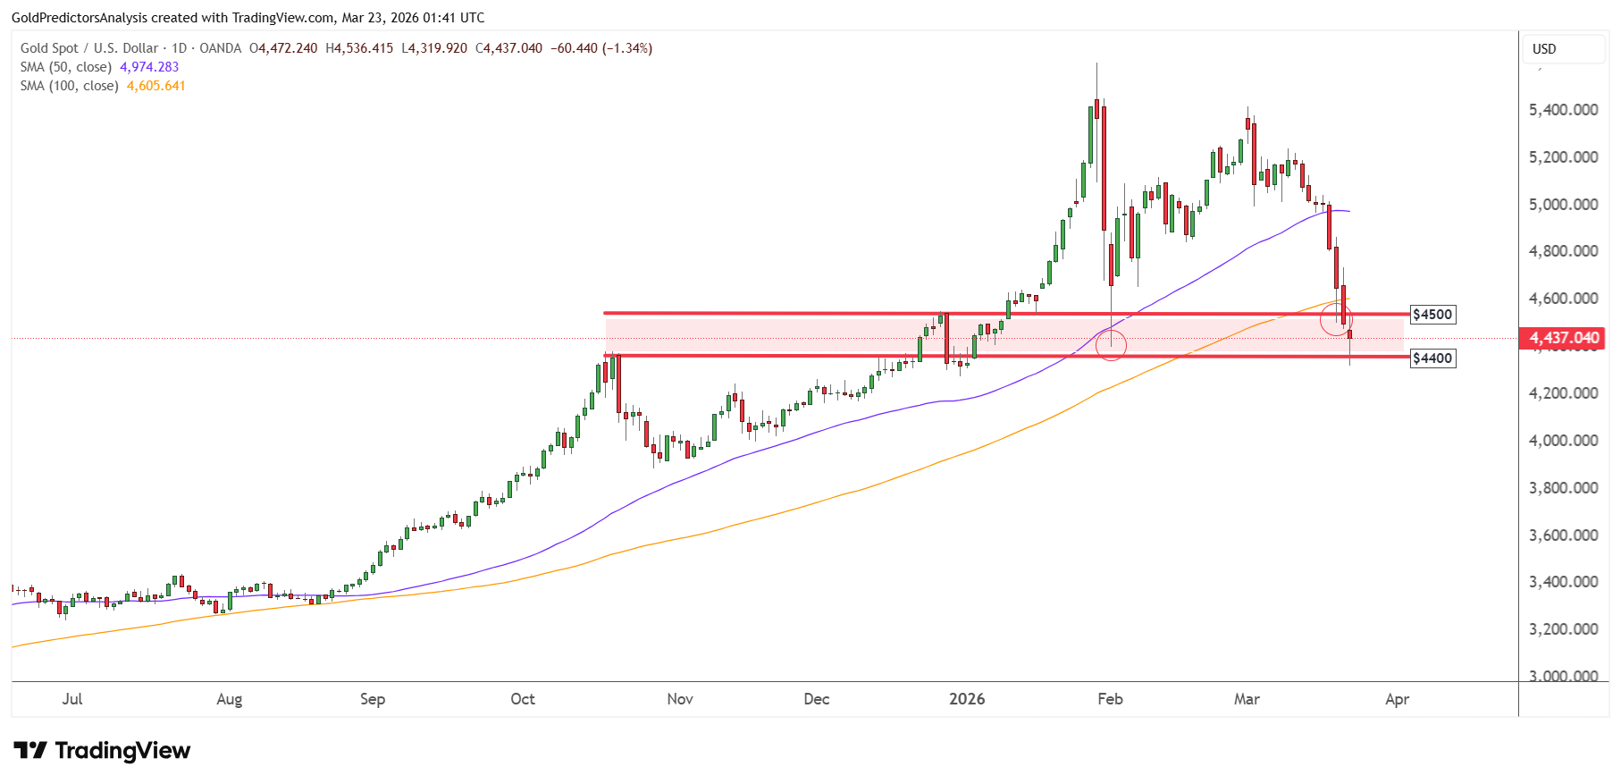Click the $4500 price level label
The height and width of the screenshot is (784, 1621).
coord(1432,315)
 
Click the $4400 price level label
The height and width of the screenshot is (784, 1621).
coord(1432,358)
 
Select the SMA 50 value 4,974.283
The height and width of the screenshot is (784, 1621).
coord(149,67)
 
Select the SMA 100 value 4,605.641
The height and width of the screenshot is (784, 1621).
coord(156,86)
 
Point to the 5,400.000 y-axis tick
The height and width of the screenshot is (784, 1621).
coord(1564,110)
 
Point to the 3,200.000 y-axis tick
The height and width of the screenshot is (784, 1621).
coord(1564,629)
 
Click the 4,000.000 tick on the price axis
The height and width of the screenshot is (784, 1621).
coord(1564,441)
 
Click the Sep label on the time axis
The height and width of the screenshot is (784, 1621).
coord(373,699)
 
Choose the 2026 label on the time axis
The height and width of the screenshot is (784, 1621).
coord(967,699)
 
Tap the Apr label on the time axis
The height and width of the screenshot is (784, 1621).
coord(1397,699)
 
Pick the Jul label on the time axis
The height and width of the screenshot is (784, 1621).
coord(72,699)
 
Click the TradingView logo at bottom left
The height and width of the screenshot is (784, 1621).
coord(102,751)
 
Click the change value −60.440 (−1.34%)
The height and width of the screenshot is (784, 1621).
coord(601,48)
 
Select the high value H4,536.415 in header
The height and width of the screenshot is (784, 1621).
coord(359,48)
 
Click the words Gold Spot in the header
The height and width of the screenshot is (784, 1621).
coord(49,48)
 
